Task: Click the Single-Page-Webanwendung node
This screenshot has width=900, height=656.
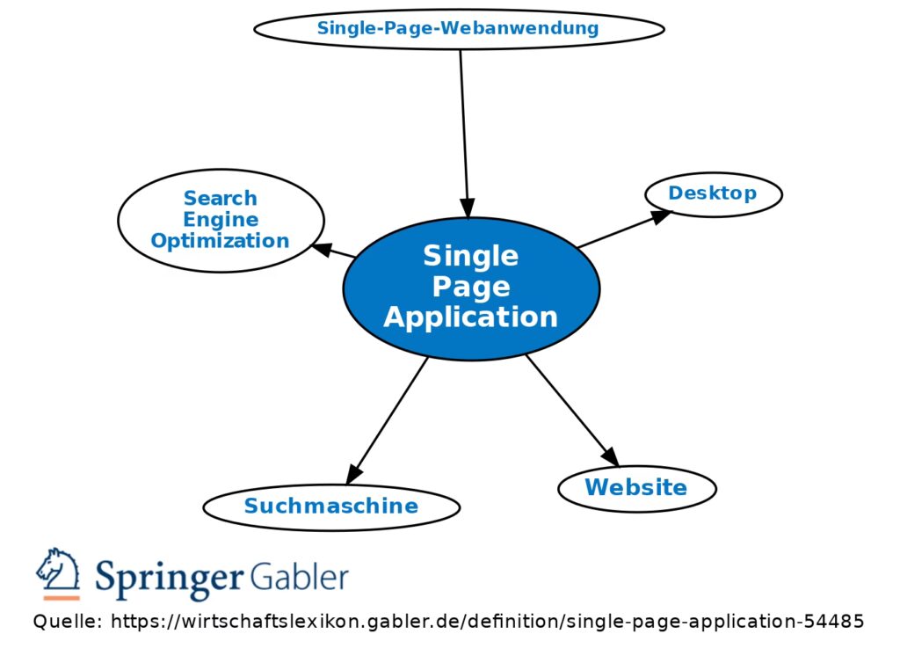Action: pos(459,28)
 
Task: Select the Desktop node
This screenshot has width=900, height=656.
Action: pos(713,193)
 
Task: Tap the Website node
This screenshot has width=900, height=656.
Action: pos(636,487)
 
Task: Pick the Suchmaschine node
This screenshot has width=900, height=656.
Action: pos(331,507)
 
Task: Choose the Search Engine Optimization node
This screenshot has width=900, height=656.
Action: pos(220,220)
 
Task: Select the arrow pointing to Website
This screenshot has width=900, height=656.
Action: pos(571,410)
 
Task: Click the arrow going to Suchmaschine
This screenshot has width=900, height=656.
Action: pos(388,420)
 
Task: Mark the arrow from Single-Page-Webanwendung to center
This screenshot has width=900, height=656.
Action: pos(463,132)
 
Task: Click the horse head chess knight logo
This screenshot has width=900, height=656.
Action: pos(58,573)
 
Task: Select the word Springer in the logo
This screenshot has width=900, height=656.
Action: pos(169,579)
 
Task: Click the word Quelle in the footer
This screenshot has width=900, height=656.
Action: pos(66,623)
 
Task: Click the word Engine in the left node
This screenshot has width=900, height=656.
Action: pos(221,220)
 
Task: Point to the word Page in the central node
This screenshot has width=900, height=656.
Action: pos(471,287)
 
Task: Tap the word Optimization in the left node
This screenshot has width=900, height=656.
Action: pos(220,241)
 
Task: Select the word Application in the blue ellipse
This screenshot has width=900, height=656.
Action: pos(471,317)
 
